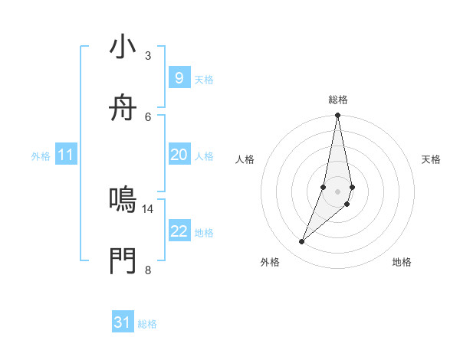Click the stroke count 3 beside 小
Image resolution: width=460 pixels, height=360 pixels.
coord(148,56)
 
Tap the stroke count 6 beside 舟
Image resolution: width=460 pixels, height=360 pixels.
coord(148,116)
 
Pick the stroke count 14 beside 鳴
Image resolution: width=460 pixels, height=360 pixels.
coord(148,208)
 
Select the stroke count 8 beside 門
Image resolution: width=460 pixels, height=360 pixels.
coord(148,270)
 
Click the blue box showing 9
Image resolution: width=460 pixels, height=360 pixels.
coord(179,78)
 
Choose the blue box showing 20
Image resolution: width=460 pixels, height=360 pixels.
coord(179,155)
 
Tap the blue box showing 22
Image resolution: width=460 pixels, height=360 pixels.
coord(179,231)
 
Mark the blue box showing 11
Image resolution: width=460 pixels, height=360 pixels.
coord(66,155)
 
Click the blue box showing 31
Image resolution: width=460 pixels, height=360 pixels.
coord(123,322)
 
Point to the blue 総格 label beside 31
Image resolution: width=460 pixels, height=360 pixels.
coord(147,324)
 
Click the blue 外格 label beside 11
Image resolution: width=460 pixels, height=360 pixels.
coord(41,156)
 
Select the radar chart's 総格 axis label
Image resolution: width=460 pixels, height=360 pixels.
coord(338,100)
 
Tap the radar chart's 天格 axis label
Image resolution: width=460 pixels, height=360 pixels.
coord(432,159)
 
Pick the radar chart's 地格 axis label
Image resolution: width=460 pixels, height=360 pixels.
coord(402,262)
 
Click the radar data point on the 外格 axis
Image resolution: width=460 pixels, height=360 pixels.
coord(301,242)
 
